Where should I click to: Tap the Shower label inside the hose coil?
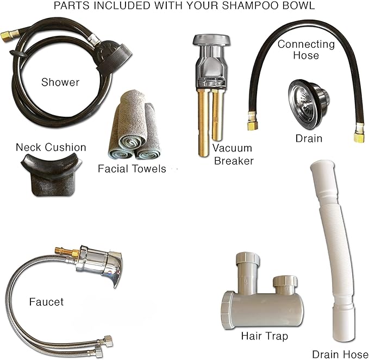(x=60, y=83)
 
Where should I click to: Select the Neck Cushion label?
(x=51, y=148)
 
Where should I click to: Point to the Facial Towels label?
(x=132, y=169)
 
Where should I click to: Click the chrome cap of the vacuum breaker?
(x=211, y=40)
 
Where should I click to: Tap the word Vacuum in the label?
(x=232, y=148)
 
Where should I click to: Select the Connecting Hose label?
(x=306, y=49)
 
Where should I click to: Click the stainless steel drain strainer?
(x=309, y=104)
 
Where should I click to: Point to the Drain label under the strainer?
(x=309, y=138)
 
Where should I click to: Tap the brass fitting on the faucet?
(x=66, y=251)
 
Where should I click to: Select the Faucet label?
(x=46, y=302)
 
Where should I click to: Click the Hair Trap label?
(x=265, y=336)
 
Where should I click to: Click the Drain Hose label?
(x=340, y=355)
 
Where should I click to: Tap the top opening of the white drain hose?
(x=322, y=164)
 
